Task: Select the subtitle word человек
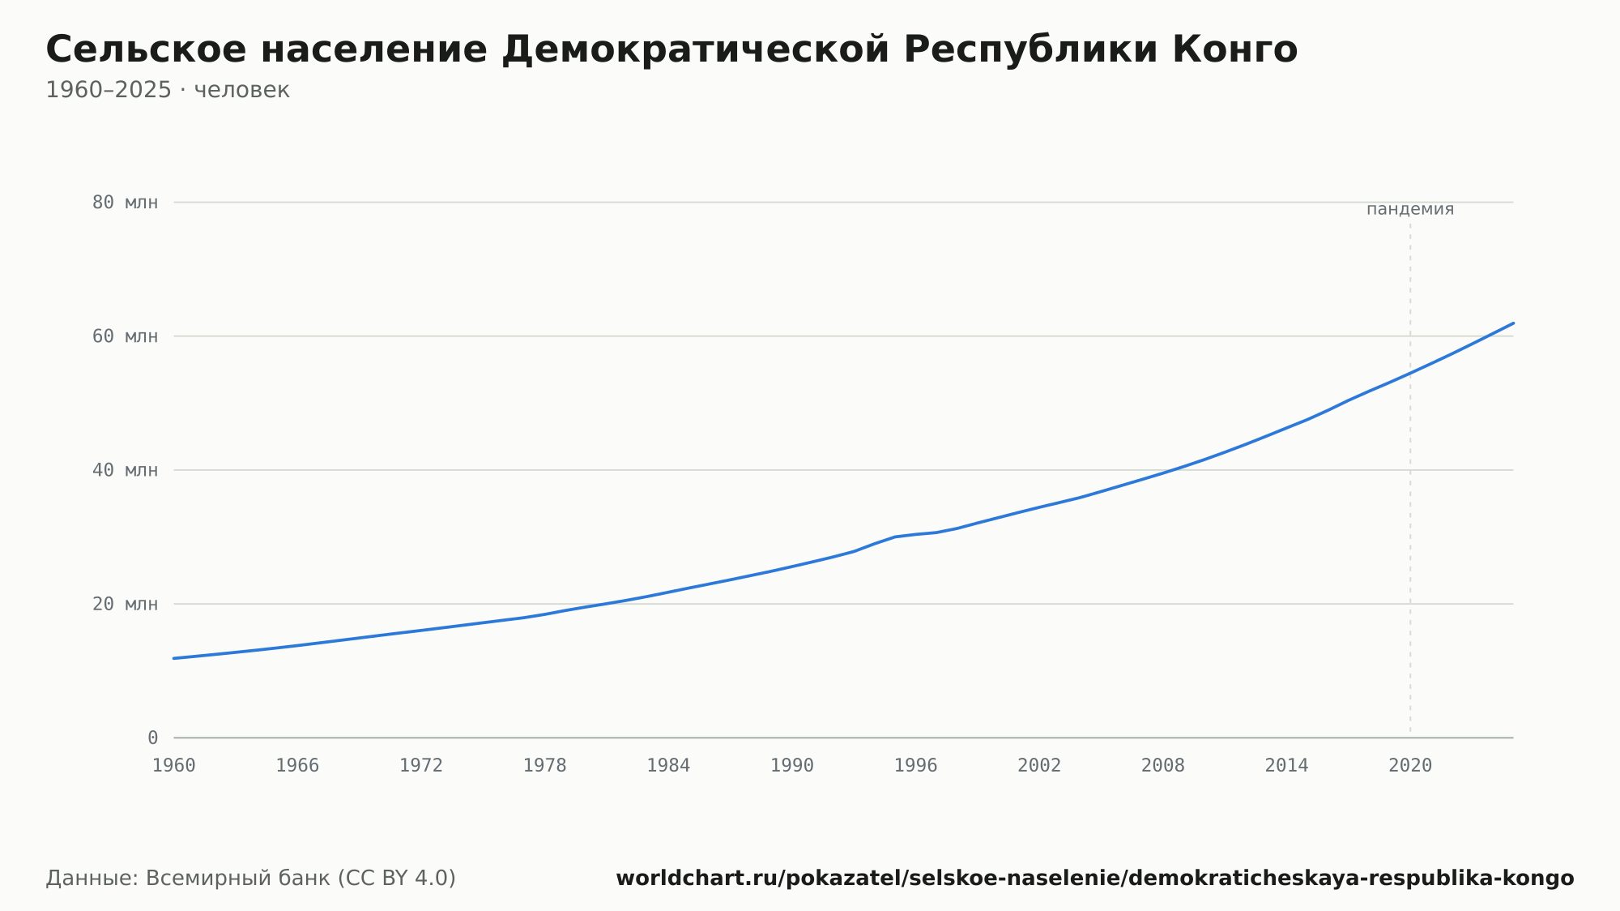click(x=242, y=90)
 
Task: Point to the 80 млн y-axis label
click(x=126, y=203)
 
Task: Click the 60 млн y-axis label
click(x=126, y=336)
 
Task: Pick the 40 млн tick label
click(x=126, y=470)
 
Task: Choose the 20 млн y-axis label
click(x=126, y=604)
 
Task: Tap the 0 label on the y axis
click(x=153, y=738)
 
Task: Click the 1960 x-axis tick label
click(x=174, y=766)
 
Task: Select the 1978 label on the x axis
click(x=545, y=766)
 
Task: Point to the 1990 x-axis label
click(x=792, y=766)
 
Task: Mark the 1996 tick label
click(x=916, y=766)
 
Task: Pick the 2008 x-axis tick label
click(x=1163, y=766)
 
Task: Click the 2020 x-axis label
click(x=1410, y=766)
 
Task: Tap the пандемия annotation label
click(x=1410, y=209)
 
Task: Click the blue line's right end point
click(x=1513, y=323)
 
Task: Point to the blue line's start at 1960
click(x=174, y=658)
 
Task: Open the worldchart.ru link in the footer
click(x=1095, y=879)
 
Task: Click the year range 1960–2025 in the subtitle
click(x=109, y=90)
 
